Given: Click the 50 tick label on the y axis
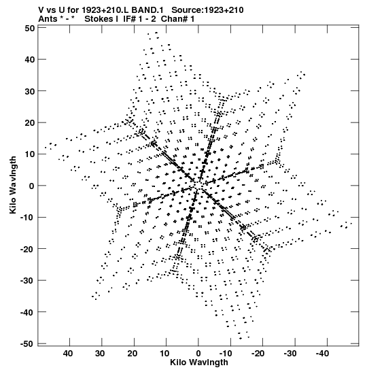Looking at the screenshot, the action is (30, 29).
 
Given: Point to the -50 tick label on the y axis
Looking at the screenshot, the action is (27, 343).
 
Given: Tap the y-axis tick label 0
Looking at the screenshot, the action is (32, 186).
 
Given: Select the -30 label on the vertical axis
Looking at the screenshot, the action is (27, 281).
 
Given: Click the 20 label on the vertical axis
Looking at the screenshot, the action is (30, 123).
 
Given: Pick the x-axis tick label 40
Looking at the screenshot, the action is (68, 354).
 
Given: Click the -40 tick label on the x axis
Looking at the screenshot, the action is (322, 354).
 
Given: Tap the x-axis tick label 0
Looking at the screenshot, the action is (198, 354).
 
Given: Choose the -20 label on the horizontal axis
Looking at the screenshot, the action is (258, 354).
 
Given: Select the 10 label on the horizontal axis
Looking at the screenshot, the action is (164, 354).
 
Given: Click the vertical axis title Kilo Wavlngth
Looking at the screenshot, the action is (13, 185).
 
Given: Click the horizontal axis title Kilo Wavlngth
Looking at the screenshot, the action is (199, 362).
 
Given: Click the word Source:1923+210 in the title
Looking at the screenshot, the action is (207, 10).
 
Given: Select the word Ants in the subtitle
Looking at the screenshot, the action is (48, 19).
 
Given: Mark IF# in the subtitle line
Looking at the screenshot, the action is (129, 19).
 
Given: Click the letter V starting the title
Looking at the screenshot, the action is (41, 10).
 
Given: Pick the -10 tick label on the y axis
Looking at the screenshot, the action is (27, 218).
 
